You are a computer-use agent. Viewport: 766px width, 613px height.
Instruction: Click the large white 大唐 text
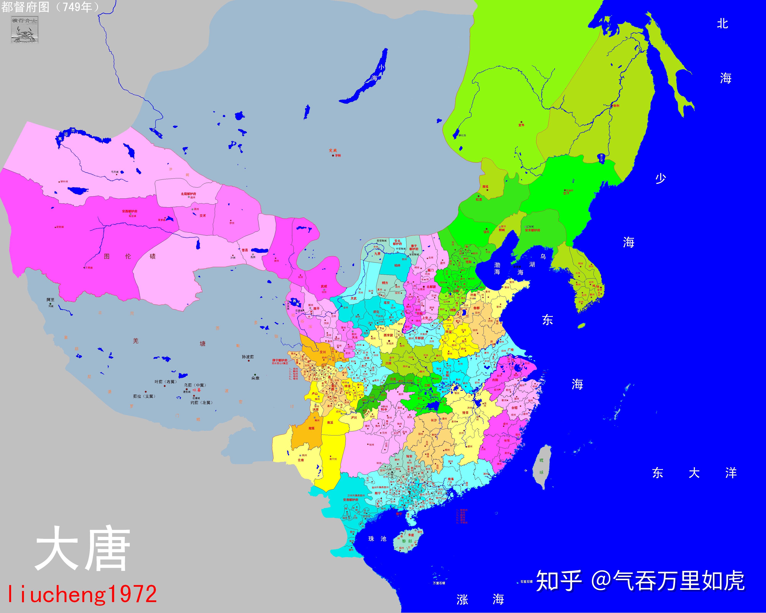coord(82,549)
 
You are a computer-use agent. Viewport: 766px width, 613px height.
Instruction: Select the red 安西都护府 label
coord(130,211)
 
